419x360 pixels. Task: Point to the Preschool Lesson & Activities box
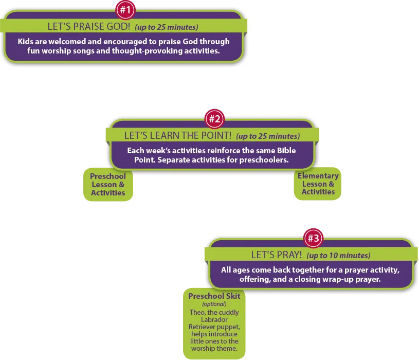(108, 184)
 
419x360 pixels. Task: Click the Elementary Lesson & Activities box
(318, 184)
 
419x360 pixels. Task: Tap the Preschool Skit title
(214, 296)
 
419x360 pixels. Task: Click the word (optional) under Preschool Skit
(214, 304)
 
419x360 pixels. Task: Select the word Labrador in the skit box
(214, 320)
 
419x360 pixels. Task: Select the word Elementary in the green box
(318, 176)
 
